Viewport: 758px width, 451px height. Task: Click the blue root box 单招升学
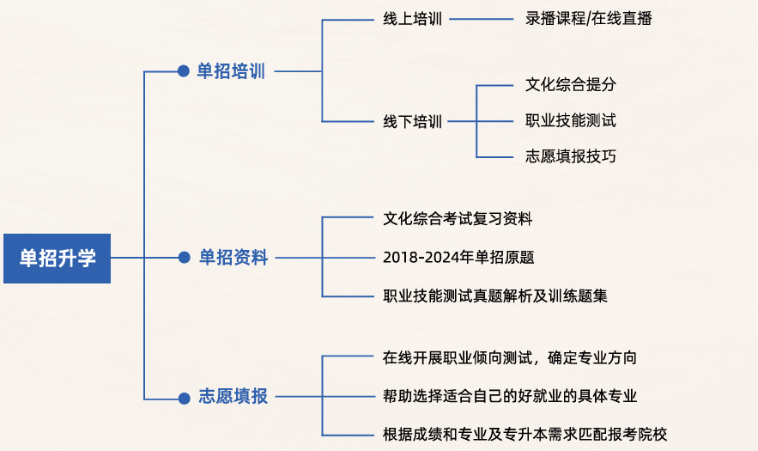tap(58, 258)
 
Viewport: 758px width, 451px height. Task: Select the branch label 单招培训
tap(231, 71)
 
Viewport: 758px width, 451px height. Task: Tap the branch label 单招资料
tap(233, 257)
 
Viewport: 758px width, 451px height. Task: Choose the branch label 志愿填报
tap(233, 397)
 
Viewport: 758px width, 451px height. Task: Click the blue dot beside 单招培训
tap(183, 71)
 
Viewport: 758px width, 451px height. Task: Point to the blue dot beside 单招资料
tap(183, 257)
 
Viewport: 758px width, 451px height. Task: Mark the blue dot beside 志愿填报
tap(183, 398)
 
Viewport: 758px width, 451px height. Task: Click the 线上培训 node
tap(412, 19)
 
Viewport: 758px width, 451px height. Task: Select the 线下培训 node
tap(412, 121)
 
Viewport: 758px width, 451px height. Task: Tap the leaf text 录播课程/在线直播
tap(588, 18)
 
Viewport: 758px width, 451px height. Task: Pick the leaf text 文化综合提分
tap(571, 84)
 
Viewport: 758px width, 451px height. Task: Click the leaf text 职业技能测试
tap(571, 120)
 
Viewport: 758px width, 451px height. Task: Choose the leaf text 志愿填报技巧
tap(571, 156)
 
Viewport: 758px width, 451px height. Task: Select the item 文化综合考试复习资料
tap(458, 219)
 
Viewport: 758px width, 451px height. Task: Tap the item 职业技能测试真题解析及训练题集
tap(495, 296)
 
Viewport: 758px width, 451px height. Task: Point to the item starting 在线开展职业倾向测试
tap(509, 357)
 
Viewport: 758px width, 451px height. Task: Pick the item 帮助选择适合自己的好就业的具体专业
tap(510, 396)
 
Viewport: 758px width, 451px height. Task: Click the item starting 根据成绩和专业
tap(525, 434)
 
